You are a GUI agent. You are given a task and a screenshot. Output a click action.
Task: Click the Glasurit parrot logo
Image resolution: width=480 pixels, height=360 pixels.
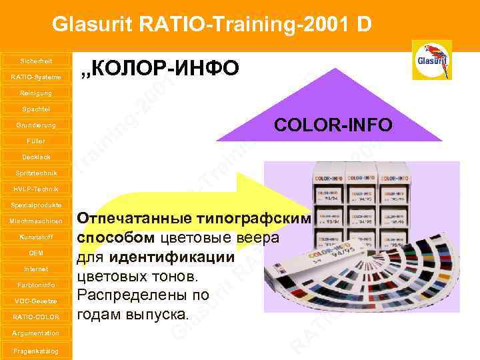click(x=432, y=60)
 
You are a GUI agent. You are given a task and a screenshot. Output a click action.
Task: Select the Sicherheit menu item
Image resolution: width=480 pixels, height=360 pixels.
click(x=36, y=61)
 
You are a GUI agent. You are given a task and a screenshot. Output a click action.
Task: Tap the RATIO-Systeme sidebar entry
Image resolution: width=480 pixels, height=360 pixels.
click(x=36, y=77)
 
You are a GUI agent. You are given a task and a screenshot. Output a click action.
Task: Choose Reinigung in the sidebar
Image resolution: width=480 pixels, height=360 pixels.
click(x=36, y=93)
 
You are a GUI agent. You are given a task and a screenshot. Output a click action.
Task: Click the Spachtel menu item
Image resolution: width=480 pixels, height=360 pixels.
click(x=36, y=109)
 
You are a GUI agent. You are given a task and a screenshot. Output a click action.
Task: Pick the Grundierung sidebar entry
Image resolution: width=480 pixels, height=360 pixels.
click(x=36, y=125)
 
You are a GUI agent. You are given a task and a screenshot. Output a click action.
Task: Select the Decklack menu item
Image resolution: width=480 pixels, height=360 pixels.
click(x=36, y=157)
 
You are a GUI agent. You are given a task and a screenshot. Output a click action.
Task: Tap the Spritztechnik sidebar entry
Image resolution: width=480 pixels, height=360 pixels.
click(x=36, y=173)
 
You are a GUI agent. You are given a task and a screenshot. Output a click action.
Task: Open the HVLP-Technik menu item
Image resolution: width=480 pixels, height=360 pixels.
click(x=36, y=189)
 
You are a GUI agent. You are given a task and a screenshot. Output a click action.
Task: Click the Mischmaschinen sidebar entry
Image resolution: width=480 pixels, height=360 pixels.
click(x=36, y=221)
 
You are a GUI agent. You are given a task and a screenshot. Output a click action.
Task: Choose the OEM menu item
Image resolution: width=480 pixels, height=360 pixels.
click(x=36, y=253)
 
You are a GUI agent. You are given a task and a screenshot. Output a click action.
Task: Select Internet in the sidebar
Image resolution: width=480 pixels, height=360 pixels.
click(x=36, y=269)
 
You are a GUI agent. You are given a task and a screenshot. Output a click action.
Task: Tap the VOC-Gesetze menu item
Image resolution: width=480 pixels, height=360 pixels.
click(x=36, y=301)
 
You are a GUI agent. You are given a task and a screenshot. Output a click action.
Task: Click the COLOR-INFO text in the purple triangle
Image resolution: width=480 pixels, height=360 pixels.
click(x=334, y=125)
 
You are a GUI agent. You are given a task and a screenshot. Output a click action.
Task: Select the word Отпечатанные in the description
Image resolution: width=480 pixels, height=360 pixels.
click(x=135, y=219)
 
